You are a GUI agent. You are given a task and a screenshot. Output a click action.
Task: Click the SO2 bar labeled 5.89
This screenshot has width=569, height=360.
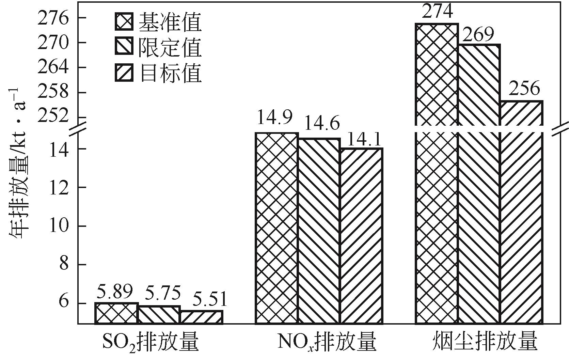pyautogui.click(x=116, y=313)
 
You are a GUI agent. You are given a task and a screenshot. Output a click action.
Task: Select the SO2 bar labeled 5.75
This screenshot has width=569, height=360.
pyautogui.click(x=159, y=315)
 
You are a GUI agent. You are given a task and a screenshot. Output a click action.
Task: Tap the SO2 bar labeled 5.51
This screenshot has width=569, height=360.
pyautogui.click(x=202, y=317)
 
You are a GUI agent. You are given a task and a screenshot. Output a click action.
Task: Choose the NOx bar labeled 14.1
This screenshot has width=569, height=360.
pyautogui.click(x=361, y=235)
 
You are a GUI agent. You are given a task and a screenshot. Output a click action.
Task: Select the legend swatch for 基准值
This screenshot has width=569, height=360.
pyautogui.click(x=124, y=22)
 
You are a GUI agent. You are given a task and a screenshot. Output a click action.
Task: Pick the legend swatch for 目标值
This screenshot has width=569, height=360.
pyautogui.click(x=124, y=73)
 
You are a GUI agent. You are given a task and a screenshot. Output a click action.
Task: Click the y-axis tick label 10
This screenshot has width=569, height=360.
pyautogui.click(x=58, y=226)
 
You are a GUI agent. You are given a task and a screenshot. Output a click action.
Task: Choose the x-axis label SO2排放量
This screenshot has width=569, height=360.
pyautogui.click(x=150, y=342)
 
